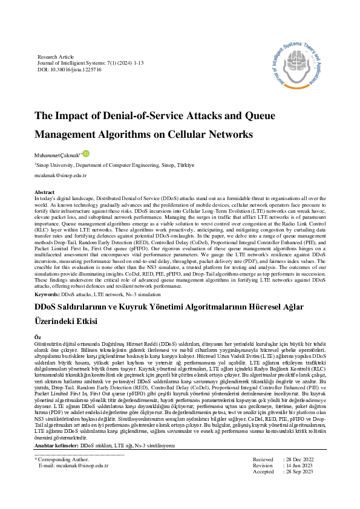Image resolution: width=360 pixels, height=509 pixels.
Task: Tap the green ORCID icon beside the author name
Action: [x=86, y=154]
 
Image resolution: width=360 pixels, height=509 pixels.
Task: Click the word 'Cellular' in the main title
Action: [x=182, y=134]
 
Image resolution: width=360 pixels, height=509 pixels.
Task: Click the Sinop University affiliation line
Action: [x=114, y=164]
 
